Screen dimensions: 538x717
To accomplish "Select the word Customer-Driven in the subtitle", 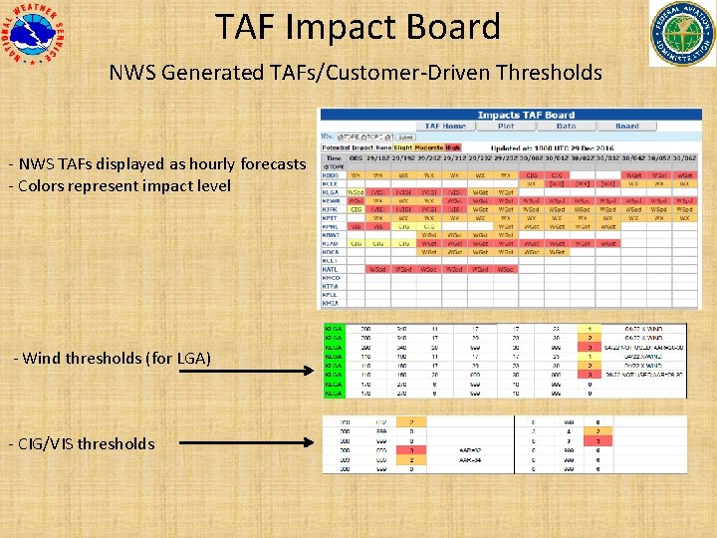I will tap(423, 72).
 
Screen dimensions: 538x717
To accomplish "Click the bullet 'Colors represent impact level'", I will tap(119, 185).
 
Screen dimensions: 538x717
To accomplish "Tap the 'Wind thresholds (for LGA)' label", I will tap(113, 358).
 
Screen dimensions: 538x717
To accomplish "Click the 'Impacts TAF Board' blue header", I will tap(525, 116).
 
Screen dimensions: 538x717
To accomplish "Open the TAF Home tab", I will tap(445, 127).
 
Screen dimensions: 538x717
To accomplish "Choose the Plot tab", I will tap(505, 127).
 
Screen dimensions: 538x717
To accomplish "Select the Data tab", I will tap(566, 127).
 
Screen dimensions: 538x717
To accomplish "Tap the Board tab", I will tap(627, 127).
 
